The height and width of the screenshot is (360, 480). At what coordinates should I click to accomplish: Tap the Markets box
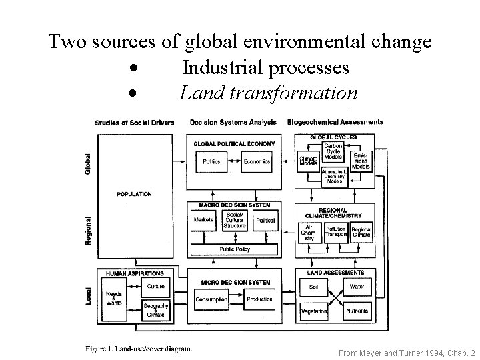pyautogui.click(x=203, y=220)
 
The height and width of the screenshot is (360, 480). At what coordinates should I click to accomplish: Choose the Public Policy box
pyautogui.click(x=234, y=249)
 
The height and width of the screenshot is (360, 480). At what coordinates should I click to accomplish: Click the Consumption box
pyautogui.click(x=211, y=299)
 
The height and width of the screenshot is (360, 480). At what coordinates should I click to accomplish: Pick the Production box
pyautogui.click(x=259, y=299)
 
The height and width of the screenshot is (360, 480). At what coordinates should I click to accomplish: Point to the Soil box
pyautogui.click(x=313, y=287)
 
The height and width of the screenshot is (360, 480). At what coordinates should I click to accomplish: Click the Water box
pyautogui.click(x=357, y=287)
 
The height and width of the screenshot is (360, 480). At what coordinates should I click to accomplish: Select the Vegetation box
pyautogui.click(x=314, y=311)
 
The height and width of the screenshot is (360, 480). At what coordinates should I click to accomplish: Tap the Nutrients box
pyautogui.click(x=357, y=311)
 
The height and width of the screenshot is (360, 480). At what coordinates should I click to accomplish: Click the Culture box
pyautogui.click(x=156, y=286)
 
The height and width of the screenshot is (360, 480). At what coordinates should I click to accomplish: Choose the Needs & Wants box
pyautogui.click(x=114, y=299)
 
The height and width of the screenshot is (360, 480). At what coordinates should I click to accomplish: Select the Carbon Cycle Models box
pyautogui.click(x=333, y=153)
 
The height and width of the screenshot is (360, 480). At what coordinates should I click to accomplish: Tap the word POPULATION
pyautogui.click(x=135, y=195)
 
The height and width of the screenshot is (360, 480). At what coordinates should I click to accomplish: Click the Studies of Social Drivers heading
pyautogui.click(x=135, y=122)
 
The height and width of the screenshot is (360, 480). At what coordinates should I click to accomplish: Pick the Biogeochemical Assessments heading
pyautogui.click(x=335, y=122)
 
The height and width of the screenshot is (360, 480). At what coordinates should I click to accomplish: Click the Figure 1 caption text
pyautogui.click(x=139, y=347)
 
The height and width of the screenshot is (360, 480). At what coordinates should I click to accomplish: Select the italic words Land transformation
pyautogui.click(x=268, y=93)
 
